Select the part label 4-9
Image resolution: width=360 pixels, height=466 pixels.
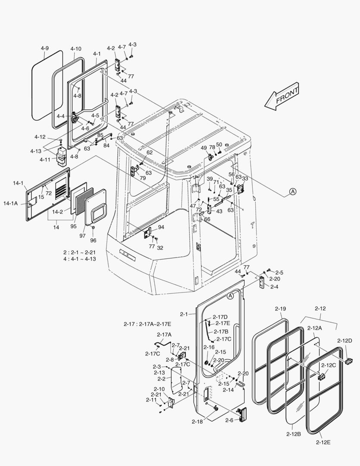[x=45, y=48]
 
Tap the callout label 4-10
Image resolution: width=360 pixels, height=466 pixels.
[x=75, y=49]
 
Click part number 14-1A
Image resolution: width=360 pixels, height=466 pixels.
[x=11, y=202]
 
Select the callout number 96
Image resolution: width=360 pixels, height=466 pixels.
[x=93, y=240]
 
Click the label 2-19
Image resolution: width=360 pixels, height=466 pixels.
[x=280, y=309]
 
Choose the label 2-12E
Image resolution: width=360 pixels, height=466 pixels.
[x=322, y=442]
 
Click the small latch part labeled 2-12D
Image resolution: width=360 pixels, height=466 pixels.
[x=349, y=359]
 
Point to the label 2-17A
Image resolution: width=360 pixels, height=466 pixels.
[x=164, y=334]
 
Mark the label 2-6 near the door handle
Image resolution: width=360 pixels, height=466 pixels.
[x=229, y=420]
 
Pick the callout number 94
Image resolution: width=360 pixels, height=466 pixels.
[x=161, y=227]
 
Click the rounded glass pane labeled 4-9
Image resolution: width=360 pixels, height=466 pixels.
[x=47, y=84]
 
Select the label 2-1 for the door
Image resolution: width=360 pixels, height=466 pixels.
[x=185, y=314]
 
